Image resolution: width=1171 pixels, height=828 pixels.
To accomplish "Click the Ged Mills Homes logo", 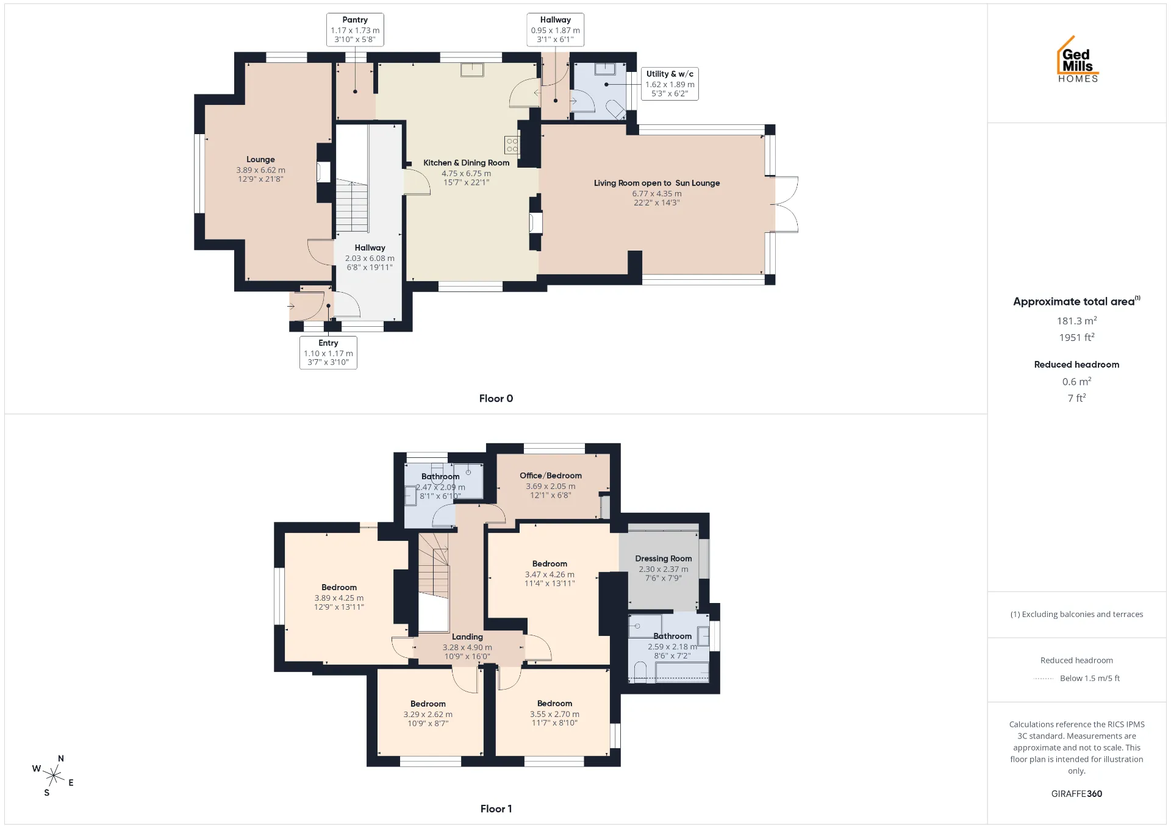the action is click(x=1078, y=59).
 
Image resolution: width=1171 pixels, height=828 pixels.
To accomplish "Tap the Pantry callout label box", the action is click(x=355, y=30).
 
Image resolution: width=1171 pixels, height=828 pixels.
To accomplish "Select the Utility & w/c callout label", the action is click(x=670, y=84).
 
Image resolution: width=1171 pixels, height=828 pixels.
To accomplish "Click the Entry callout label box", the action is click(x=328, y=352).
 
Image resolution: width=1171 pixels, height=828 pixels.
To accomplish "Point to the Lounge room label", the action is click(x=260, y=160).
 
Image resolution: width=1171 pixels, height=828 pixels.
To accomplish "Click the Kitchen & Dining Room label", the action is click(x=467, y=163).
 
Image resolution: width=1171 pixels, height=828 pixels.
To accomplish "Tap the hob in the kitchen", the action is click(x=512, y=145).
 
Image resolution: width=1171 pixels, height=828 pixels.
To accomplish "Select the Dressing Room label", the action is click(x=664, y=559).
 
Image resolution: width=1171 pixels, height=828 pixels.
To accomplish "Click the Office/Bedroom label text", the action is click(x=551, y=476).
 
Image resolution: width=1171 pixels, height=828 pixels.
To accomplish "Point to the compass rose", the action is click(x=54, y=776).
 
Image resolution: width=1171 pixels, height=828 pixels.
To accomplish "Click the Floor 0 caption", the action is click(x=496, y=398).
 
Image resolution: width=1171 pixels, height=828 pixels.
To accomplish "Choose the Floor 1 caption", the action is click(x=496, y=808).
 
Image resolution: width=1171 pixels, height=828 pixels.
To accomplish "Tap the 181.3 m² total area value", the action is click(x=1077, y=320).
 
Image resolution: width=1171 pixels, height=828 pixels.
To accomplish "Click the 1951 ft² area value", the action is click(x=1077, y=337).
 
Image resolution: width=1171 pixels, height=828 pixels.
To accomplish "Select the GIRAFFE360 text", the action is click(x=1076, y=794).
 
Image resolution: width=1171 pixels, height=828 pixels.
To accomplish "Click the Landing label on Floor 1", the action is click(x=467, y=637).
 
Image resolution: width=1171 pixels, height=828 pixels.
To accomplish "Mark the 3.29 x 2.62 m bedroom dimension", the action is click(x=428, y=714).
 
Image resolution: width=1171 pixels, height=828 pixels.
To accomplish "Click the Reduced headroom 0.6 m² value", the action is click(x=1077, y=382).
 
